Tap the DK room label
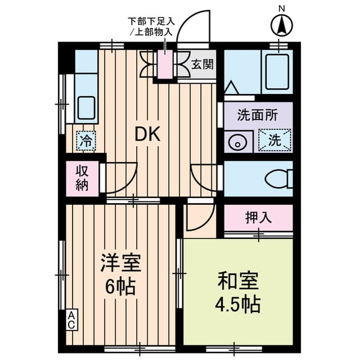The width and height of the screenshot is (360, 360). click(x=147, y=134)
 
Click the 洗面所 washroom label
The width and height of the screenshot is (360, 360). click(x=257, y=115)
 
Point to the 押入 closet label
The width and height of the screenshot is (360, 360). click(x=258, y=218)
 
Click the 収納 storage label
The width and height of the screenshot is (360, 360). click(x=82, y=179)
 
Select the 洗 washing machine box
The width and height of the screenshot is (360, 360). click(x=274, y=140)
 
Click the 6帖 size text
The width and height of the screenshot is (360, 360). click(x=120, y=286)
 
